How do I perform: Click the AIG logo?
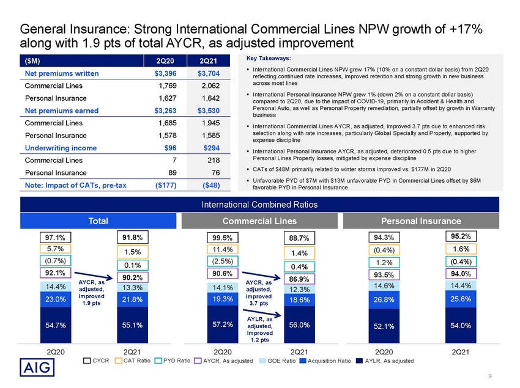(x=37, y=367)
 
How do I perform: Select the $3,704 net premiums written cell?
(x=209, y=73)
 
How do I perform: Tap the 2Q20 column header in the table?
(x=165, y=61)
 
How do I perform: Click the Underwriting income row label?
(x=61, y=148)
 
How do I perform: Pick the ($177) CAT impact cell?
(x=166, y=185)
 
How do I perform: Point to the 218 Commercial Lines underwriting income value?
(x=214, y=160)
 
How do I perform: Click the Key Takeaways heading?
(x=269, y=58)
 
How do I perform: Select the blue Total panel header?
(x=98, y=221)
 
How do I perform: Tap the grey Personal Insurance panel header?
(x=421, y=221)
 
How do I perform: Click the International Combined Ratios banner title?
(x=259, y=205)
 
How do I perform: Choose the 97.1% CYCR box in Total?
(x=56, y=238)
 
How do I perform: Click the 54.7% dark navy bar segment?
(x=56, y=325)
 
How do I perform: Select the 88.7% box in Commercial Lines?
(x=299, y=238)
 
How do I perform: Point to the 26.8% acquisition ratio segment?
(x=384, y=300)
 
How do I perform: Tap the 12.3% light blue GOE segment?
(x=299, y=289)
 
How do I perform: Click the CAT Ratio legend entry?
(x=133, y=361)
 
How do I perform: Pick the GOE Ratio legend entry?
(x=277, y=361)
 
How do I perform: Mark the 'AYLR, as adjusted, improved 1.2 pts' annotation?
(x=259, y=329)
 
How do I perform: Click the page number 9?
(x=490, y=376)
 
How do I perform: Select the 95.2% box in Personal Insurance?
(x=461, y=236)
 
